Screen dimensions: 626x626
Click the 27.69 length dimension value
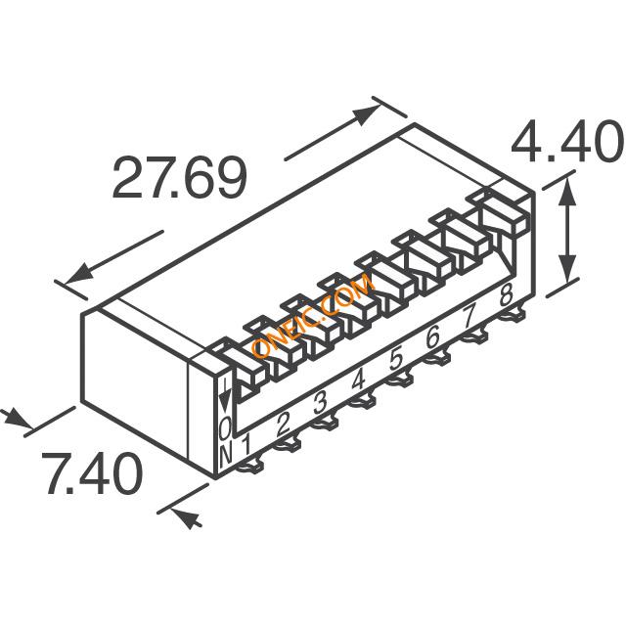coord(180,178)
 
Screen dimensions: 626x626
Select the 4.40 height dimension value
coord(567,141)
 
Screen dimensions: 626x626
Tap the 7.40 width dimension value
coord(92,473)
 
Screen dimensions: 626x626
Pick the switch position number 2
coord(283,424)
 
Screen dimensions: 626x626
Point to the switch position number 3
coord(321,403)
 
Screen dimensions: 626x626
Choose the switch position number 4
coord(358,380)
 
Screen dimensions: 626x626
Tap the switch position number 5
coord(395,359)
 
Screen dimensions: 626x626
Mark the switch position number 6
coord(432,336)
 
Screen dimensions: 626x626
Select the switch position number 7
coord(469,316)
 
